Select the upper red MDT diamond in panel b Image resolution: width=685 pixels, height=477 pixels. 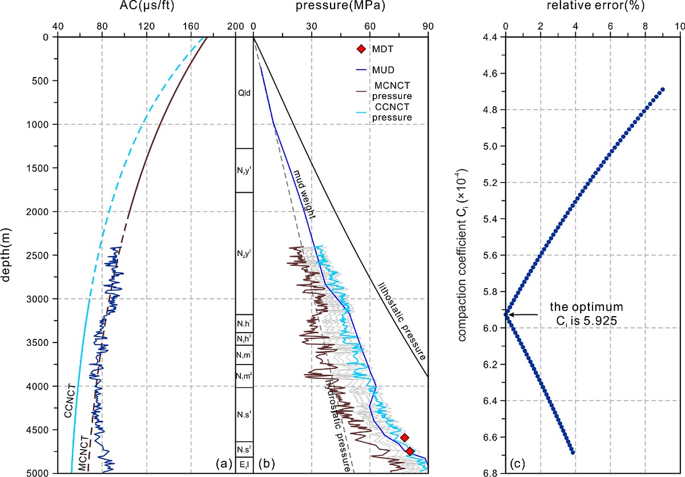coord(404,438)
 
